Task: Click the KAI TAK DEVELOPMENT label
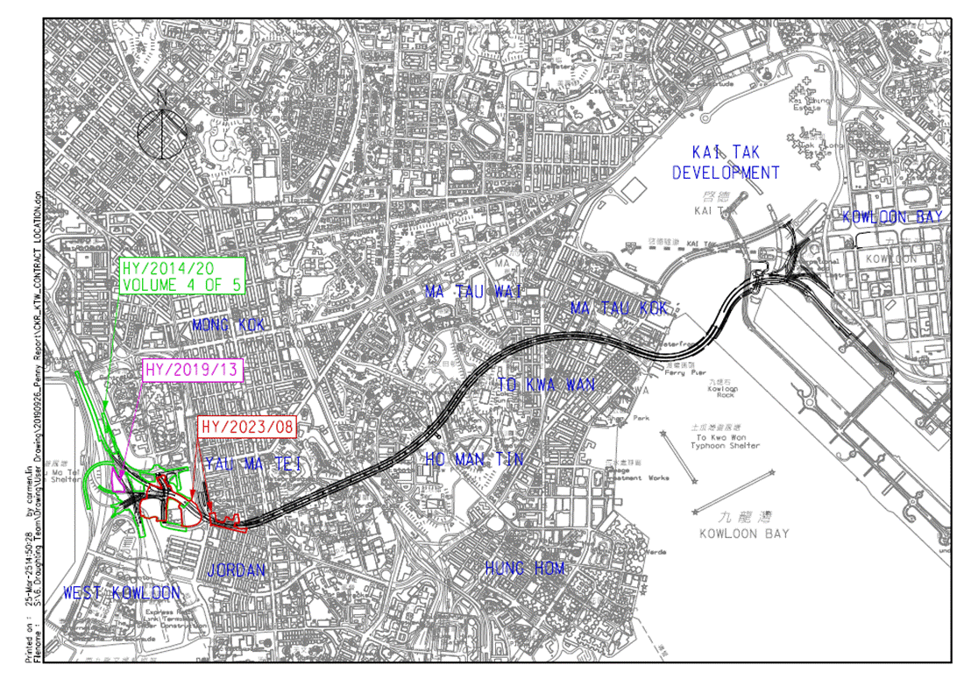click(726, 163)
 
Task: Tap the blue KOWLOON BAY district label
click(891, 217)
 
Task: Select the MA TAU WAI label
click(473, 292)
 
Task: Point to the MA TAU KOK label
click(619, 308)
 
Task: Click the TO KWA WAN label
click(546, 385)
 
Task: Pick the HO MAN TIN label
click(473, 459)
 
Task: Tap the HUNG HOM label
click(525, 569)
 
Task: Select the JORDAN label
click(236, 570)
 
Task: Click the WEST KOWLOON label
click(121, 593)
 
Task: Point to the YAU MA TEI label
click(253, 463)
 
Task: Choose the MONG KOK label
click(228, 326)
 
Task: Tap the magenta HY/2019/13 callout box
click(192, 370)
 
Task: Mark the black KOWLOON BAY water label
click(745, 534)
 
